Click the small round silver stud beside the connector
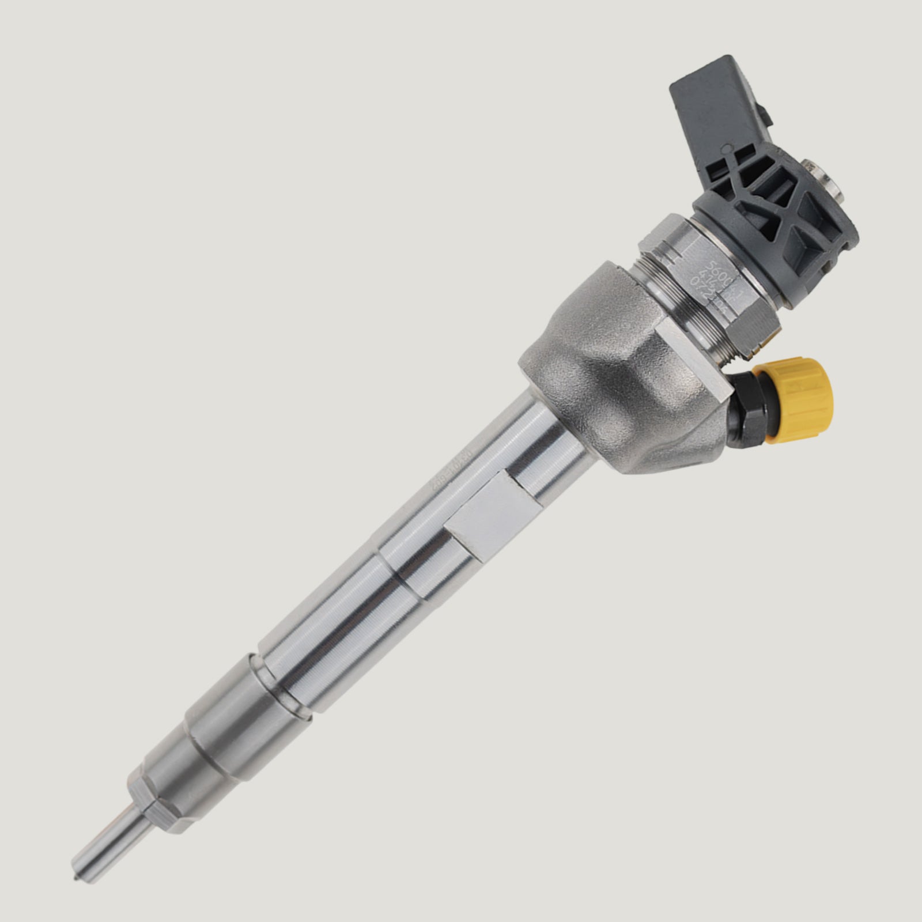click(x=822, y=182)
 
